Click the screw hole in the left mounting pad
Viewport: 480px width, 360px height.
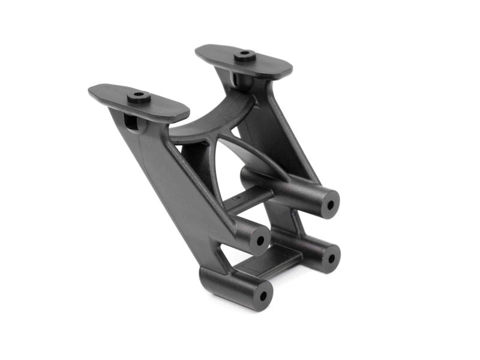click(139, 95)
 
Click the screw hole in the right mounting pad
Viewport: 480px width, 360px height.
click(244, 54)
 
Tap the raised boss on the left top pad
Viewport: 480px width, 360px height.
click(139, 97)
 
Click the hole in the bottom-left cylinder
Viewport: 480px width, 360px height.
click(262, 297)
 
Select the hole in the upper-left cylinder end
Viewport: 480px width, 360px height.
click(260, 241)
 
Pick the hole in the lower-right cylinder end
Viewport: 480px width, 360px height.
click(329, 257)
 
